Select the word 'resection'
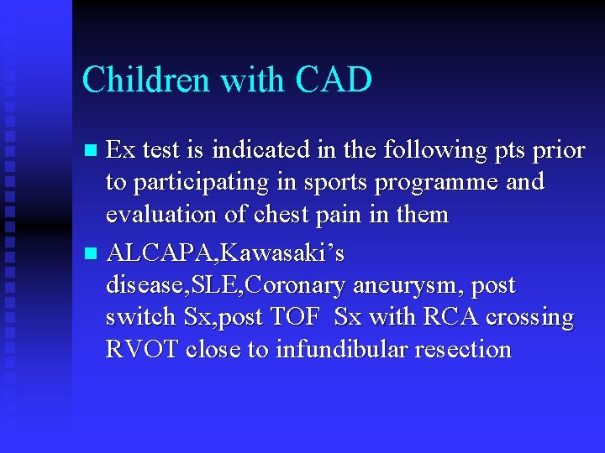pyautogui.click(x=467, y=349)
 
